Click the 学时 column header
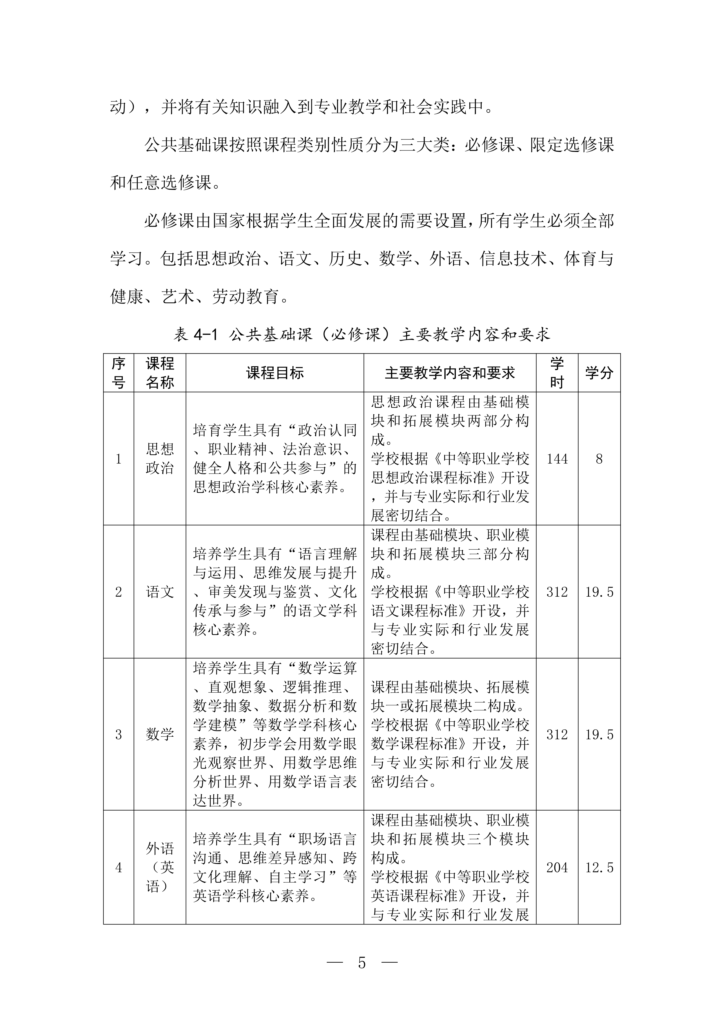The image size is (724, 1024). pyautogui.click(x=557, y=373)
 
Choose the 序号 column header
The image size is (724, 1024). pyautogui.click(x=119, y=373)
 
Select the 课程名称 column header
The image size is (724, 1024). pyautogui.click(x=160, y=373)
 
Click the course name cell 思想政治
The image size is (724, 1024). pyautogui.click(x=160, y=458)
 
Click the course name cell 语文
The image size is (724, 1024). pyautogui.click(x=160, y=592)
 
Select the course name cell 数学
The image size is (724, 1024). pyautogui.click(x=160, y=734)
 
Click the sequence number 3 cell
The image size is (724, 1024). pyautogui.click(x=119, y=734)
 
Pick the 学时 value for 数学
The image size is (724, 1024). pyautogui.click(x=557, y=734)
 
